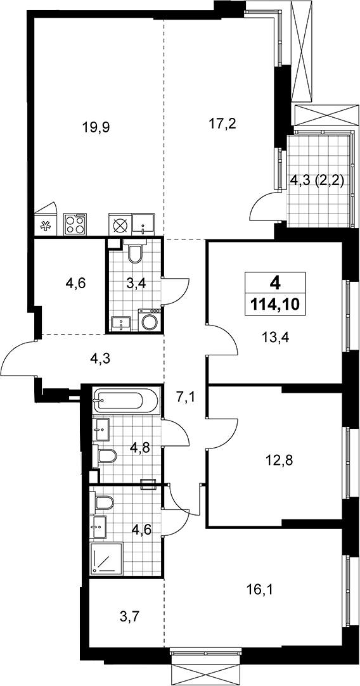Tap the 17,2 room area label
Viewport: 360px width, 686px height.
tap(222, 124)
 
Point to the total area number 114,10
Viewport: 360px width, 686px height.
tap(274, 303)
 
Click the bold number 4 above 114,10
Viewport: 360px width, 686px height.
tap(275, 284)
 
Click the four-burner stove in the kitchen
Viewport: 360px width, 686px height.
tap(75, 224)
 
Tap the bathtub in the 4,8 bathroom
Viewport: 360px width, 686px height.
tap(121, 399)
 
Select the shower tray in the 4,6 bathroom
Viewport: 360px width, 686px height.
tap(106, 558)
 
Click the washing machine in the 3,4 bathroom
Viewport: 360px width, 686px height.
tap(150, 321)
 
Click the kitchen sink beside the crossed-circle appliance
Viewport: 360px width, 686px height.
tap(144, 224)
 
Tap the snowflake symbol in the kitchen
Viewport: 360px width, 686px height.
tap(44, 226)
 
